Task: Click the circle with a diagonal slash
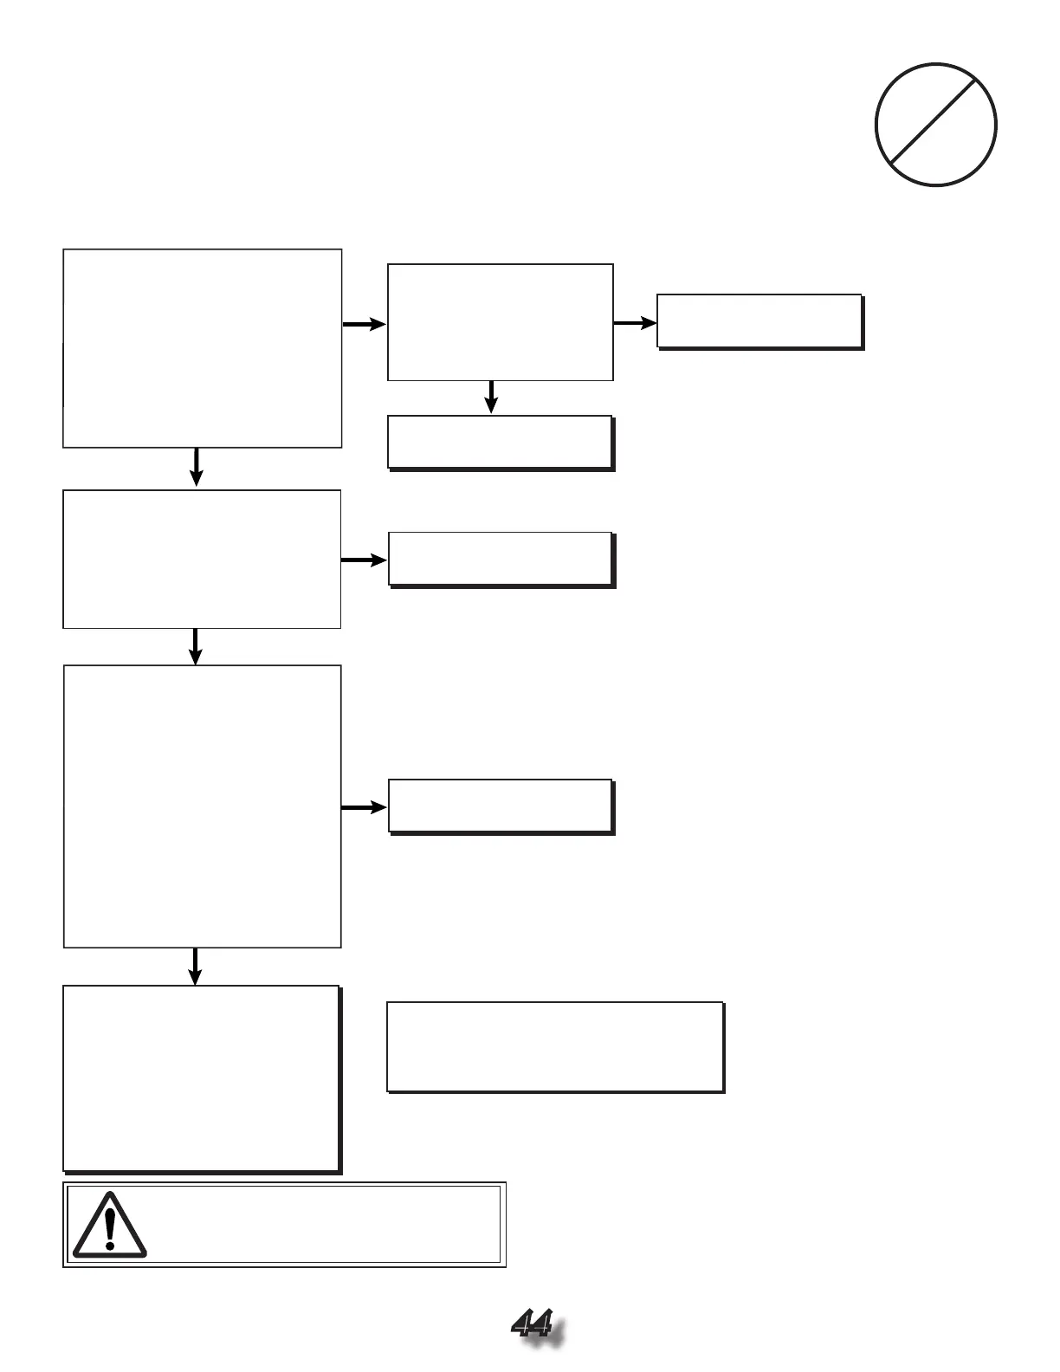coord(935,125)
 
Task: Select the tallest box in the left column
coord(202,806)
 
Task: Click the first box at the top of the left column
coord(202,348)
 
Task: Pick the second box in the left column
coord(202,559)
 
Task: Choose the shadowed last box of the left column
coord(201,1078)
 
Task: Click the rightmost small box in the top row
coord(759,321)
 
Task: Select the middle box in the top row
coord(500,322)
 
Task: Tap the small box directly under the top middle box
coord(501,442)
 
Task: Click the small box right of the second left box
coord(501,559)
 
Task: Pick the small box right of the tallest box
coord(501,806)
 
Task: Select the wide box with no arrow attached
coord(554,1046)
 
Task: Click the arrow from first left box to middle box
coord(364,324)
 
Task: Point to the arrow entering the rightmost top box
coord(635,323)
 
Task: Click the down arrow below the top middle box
coord(491,397)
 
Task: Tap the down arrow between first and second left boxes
coord(197,467)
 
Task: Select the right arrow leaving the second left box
coord(364,560)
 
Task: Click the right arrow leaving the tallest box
coord(364,807)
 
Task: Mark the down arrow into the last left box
coord(196,966)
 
